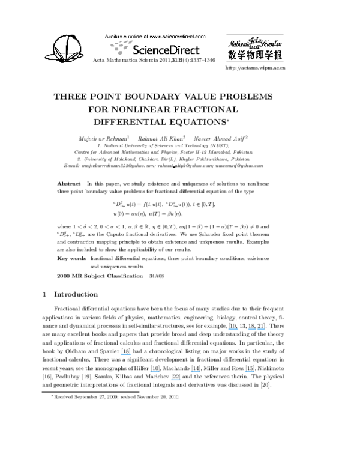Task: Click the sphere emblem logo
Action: pyautogui.click(x=64, y=48)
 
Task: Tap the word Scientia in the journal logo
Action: pyautogui.click(x=271, y=42)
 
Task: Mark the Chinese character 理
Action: pyautogui.click(x=266, y=55)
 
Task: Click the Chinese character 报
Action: pyautogui.click(x=278, y=55)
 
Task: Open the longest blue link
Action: pyautogui.click(x=256, y=329)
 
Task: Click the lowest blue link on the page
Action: pyautogui.click(x=176, y=380)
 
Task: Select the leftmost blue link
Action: pyautogui.click(x=125, y=354)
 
